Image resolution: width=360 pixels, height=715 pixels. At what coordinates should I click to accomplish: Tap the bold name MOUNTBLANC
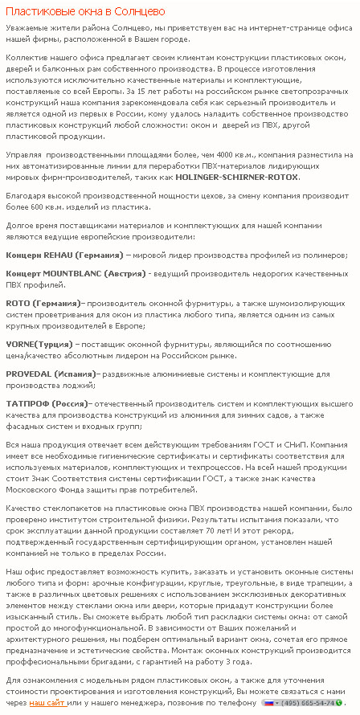click(x=76, y=274)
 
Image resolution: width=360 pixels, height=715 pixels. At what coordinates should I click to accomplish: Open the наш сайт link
click(x=47, y=702)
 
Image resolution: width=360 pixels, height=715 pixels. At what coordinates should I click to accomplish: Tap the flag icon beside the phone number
click(x=269, y=702)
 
